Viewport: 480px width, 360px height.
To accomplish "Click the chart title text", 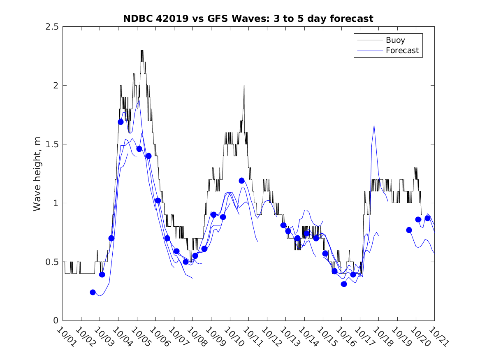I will (248, 19).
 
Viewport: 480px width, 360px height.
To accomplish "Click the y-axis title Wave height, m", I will (37, 174).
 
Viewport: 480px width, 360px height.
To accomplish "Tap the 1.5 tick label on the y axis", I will (51, 144).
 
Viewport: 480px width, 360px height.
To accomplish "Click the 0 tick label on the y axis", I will (55, 321).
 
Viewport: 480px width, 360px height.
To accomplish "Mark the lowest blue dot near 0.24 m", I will (93, 292).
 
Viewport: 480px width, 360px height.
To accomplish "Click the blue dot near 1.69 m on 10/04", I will (121, 122).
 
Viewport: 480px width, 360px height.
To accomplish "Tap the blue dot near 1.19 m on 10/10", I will (241, 181).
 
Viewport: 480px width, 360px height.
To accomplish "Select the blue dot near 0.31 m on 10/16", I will (344, 284).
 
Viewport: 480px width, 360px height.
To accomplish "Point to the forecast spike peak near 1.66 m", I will (374, 125).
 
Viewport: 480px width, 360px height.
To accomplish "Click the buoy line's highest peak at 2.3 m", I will (142, 51).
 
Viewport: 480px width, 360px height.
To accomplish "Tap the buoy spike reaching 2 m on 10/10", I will (244, 86).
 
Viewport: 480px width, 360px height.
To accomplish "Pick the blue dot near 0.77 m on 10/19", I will (409, 230).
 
